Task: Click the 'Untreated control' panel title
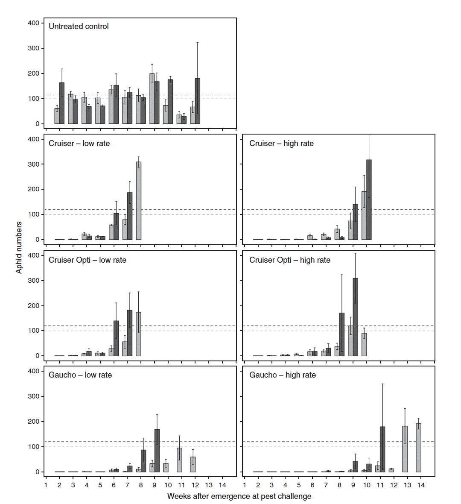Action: pyautogui.click(x=79, y=26)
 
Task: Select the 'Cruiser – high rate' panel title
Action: pyautogui.click(x=281, y=144)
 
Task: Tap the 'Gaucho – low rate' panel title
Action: pyautogui.click(x=80, y=375)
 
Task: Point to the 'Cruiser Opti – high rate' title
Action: pyautogui.click(x=290, y=260)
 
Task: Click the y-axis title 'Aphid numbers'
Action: pyautogui.click(x=19, y=247)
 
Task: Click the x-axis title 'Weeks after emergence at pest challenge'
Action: pyautogui.click(x=239, y=496)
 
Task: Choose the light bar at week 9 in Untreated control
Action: pyautogui.click(x=152, y=99)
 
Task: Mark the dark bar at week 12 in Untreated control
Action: pyautogui.click(x=197, y=101)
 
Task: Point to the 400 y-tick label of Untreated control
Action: pyautogui.click(x=34, y=23)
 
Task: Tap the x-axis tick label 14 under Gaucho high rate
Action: pyautogui.click(x=421, y=485)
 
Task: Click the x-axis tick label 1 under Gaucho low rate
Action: pyautogui.click(x=46, y=485)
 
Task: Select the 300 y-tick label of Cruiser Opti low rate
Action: pyautogui.click(x=34, y=281)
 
